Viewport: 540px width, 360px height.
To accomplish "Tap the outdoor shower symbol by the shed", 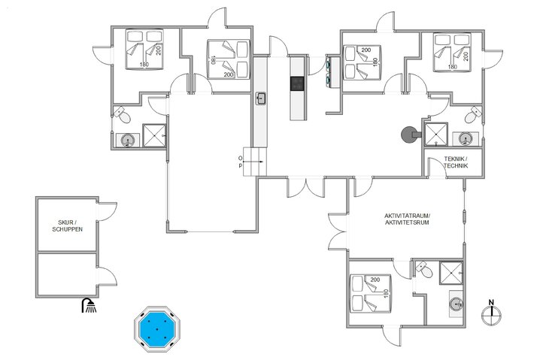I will click(x=89, y=305).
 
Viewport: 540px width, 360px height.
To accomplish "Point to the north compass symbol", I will click(x=491, y=315).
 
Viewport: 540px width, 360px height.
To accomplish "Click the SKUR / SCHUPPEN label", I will click(x=66, y=225).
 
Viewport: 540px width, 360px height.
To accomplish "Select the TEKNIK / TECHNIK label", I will click(x=457, y=162).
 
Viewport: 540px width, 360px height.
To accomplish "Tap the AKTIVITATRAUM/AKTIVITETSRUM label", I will click(x=406, y=220).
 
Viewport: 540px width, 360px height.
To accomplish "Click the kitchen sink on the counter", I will click(x=261, y=98).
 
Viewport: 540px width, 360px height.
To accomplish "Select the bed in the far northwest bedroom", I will click(x=144, y=50).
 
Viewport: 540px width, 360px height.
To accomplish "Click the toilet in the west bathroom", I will click(x=123, y=115).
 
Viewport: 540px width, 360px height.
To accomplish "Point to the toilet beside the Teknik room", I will click(x=472, y=115).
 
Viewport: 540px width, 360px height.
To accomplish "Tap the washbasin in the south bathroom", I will click(x=455, y=304).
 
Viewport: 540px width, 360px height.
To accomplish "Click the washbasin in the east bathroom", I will click(x=466, y=138).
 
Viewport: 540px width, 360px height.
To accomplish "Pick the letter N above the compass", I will click(x=491, y=303).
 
